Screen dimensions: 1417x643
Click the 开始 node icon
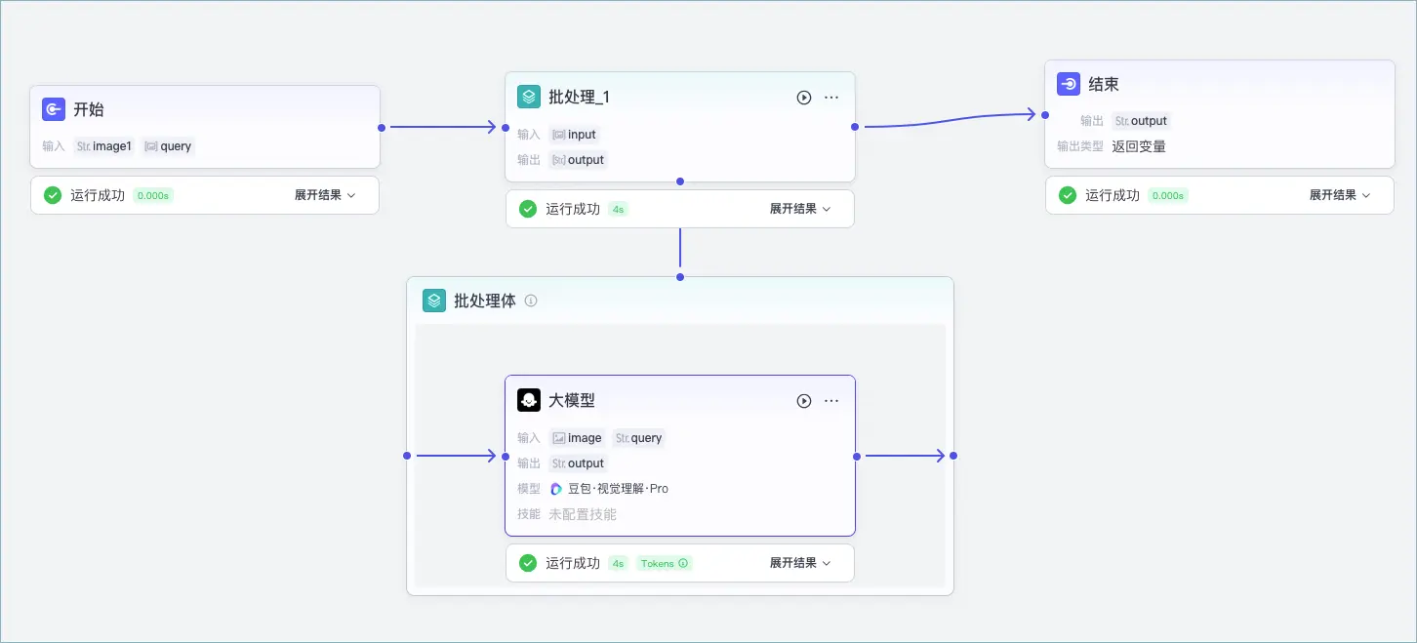53,109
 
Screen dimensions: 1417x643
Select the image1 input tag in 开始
103,146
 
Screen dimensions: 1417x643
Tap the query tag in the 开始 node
168,146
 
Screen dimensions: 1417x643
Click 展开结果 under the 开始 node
325,195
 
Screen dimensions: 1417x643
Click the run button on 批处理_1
803,98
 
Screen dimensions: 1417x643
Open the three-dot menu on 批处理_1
831,98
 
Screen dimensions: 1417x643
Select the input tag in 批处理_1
574,134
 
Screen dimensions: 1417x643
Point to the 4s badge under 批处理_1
618,209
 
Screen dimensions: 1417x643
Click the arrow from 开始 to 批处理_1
443,127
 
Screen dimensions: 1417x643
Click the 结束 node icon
1069,84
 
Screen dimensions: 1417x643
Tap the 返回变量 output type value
1139,146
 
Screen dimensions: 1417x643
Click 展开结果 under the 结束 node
1339,195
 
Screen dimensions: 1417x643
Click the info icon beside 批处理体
531,301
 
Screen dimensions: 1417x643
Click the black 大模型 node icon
529,400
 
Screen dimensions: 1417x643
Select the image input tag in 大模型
577,437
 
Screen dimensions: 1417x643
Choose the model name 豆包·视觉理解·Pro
618,489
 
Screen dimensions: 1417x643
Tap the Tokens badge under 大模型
664,563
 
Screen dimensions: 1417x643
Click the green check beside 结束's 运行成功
1068,195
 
